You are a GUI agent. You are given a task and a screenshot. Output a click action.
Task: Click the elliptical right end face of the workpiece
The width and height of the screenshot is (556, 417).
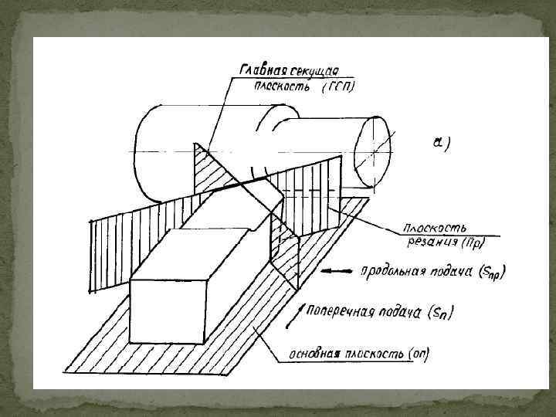[372, 152]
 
